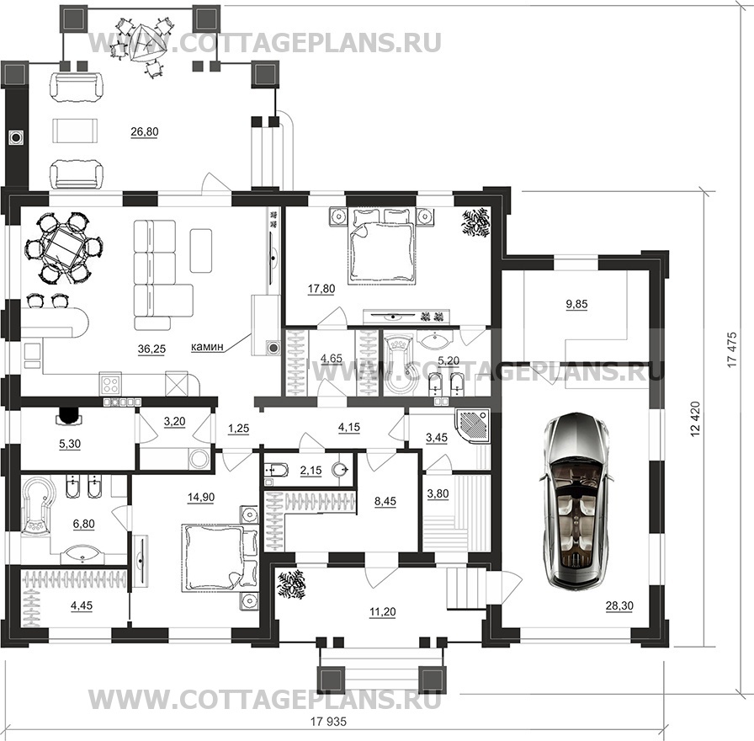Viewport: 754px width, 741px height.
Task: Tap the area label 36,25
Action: pos(151,349)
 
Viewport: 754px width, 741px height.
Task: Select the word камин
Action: pos(207,346)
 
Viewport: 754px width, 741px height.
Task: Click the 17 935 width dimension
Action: pos(328,722)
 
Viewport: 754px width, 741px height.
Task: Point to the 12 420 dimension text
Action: pos(695,418)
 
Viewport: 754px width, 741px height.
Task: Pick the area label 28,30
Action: pos(619,605)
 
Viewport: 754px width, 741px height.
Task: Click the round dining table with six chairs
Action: pos(61,248)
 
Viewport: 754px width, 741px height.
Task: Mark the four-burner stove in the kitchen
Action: pos(111,384)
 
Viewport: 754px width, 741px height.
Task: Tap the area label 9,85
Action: pos(576,304)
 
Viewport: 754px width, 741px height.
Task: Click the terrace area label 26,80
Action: pos(144,131)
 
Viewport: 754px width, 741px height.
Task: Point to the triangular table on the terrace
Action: pos(143,42)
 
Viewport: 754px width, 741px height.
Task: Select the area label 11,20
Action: pos(382,612)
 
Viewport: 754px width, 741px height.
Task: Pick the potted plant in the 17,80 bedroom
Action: pos(476,223)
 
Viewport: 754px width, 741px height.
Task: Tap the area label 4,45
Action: pos(82,605)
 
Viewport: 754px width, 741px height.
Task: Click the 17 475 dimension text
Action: pos(732,349)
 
